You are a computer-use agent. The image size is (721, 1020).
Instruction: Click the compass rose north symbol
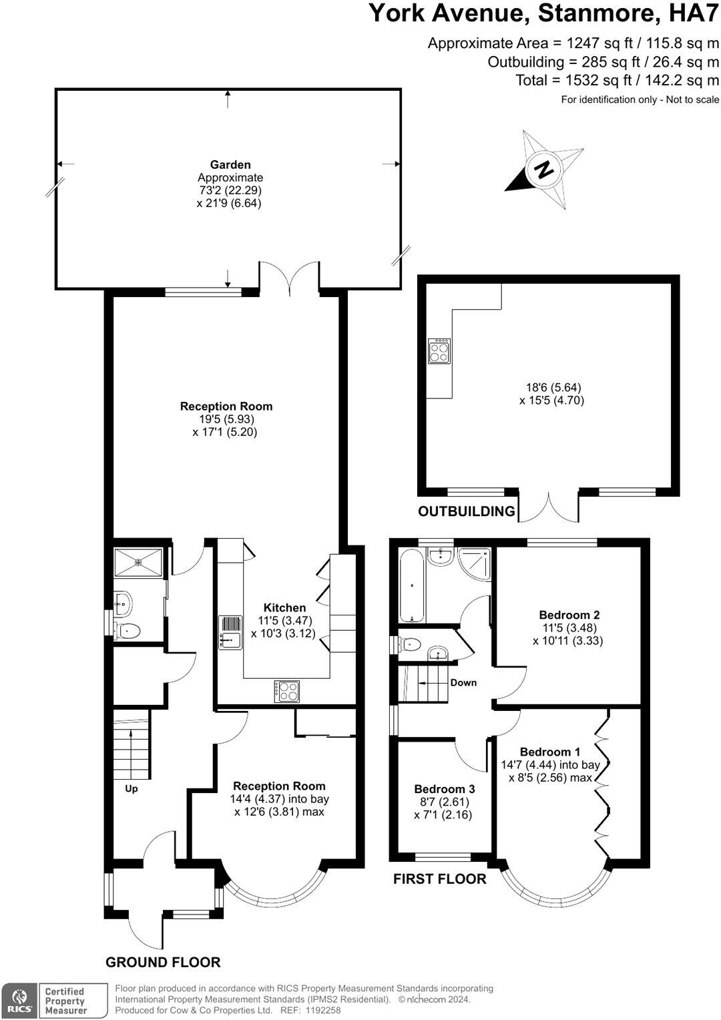click(x=545, y=170)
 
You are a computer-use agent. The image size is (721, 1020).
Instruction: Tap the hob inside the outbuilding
click(x=439, y=351)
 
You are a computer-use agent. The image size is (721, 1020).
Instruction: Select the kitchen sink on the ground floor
click(x=230, y=631)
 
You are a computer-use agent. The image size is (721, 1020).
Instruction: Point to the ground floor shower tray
click(x=139, y=563)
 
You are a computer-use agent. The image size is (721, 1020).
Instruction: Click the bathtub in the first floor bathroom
click(x=412, y=585)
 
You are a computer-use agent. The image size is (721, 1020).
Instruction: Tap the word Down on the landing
click(x=463, y=682)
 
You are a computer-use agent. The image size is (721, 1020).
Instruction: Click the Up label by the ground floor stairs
click(x=132, y=788)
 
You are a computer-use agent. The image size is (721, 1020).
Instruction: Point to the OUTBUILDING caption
click(x=467, y=511)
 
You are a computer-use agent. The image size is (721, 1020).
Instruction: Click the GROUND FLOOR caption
click(x=163, y=962)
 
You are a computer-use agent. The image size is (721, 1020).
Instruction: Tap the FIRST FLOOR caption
click(x=439, y=878)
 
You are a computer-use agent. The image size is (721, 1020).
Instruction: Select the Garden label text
click(x=230, y=164)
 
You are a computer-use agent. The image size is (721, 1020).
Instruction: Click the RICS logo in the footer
click(x=18, y=1001)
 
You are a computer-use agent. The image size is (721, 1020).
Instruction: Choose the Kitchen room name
click(x=284, y=607)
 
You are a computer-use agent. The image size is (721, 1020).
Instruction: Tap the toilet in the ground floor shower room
click(x=128, y=631)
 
